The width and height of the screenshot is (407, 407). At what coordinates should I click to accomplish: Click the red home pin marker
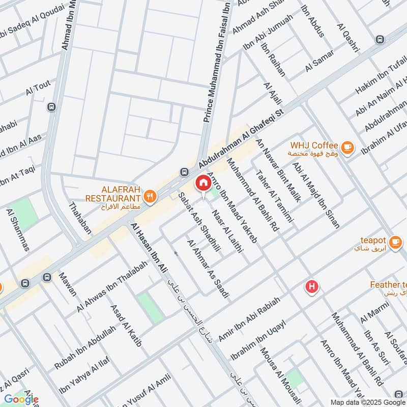point(203,183)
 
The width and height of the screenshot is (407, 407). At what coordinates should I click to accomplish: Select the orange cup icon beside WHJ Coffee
point(347,147)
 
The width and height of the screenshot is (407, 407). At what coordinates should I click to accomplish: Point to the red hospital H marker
point(312,287)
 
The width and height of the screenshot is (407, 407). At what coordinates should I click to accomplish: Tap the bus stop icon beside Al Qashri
point(379,39)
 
